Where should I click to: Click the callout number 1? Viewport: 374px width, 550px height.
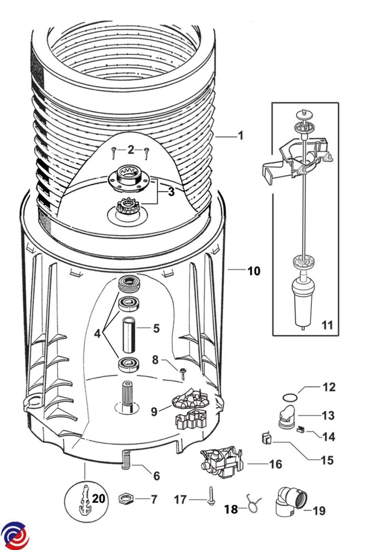coord(240,136)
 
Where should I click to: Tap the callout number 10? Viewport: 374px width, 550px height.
coord(253,271)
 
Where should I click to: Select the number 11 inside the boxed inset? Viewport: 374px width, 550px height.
coord(327,326)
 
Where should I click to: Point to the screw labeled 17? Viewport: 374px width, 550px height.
coord(211,496)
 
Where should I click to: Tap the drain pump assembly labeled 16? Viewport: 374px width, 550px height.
coord(222,463)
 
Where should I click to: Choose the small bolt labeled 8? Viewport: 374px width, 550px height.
coord(183,372)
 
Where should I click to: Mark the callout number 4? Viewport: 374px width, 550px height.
coord(97,334)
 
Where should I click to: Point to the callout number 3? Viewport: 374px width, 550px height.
coord(171,192)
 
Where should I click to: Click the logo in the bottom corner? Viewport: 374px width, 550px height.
coord(15,536)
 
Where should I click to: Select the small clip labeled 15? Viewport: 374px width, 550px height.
coord(265,439)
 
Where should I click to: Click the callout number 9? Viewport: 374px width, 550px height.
coord(154,412)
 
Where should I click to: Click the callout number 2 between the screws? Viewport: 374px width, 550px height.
coord(131,149)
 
